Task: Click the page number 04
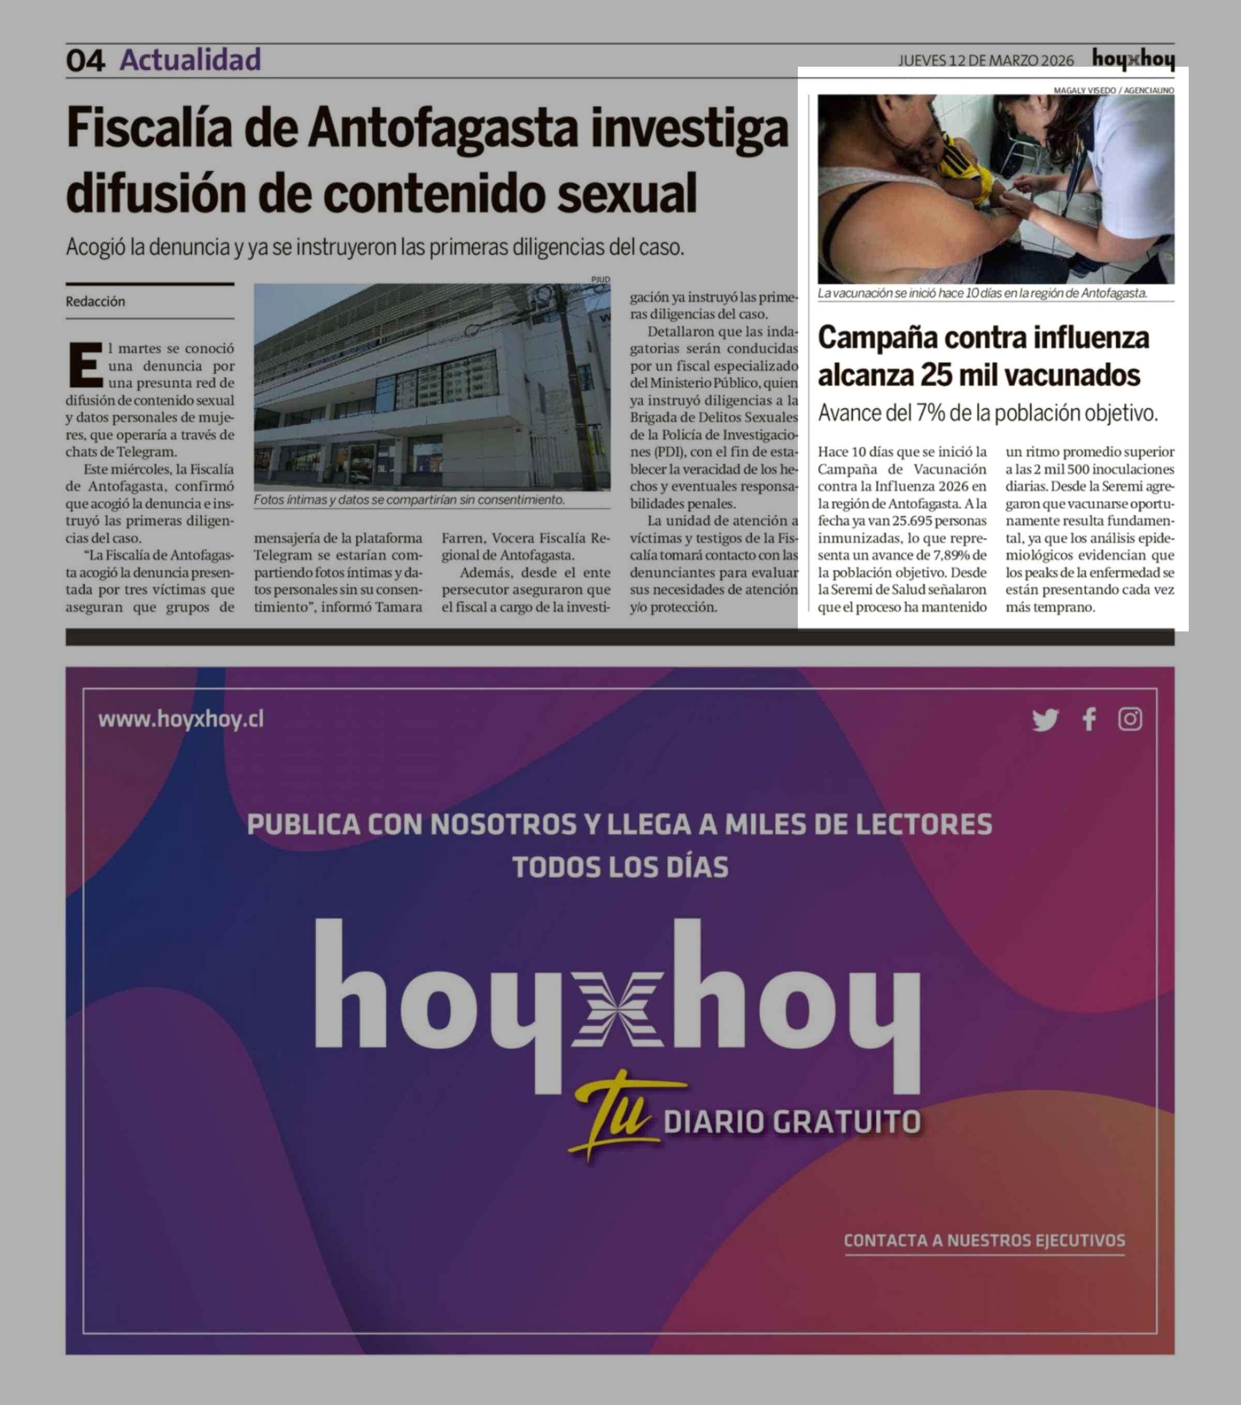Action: (85, 61)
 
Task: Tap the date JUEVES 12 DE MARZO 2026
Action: (986, 61)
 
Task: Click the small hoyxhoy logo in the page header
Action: (1133, 60)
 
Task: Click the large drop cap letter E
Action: (85, 365)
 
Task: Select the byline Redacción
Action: (96, 301)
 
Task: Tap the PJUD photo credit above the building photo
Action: (600, 279)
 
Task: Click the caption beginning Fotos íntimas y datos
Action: (409, 500)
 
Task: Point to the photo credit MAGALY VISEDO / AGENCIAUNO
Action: (1113, 90)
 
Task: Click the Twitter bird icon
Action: (1045, 720)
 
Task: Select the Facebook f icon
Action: (1089, 720)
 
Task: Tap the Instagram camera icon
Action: (1130, 720)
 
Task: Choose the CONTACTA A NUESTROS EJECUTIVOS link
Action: (984, 1240)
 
